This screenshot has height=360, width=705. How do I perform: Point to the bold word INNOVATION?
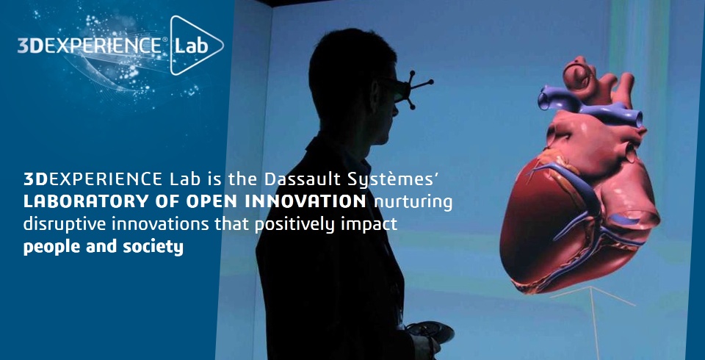305,201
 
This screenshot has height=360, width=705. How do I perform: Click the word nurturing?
413,203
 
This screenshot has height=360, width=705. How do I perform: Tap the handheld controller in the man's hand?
432,332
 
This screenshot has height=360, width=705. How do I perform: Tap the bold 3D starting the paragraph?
35,179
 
